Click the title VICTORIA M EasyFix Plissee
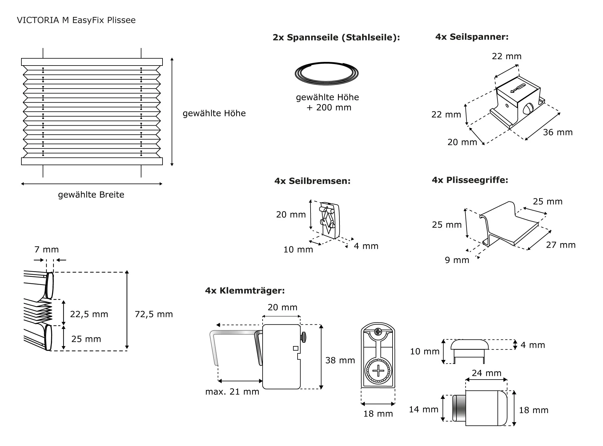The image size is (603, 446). [x=76, y=20]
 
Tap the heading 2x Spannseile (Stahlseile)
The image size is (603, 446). [x=336, y=37]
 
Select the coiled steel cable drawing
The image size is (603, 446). [x=327, y=73]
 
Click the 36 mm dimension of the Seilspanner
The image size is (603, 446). [x=557, y=132]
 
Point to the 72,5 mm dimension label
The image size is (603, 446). [x=154, y=314]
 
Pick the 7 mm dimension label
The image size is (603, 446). [x=46, y=250]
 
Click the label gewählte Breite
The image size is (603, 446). [x=91, y=195]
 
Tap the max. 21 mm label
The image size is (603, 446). [x=232, y=392]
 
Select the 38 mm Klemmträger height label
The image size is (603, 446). [x=340, y=360]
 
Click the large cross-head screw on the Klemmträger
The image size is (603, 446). [x=378, y=371]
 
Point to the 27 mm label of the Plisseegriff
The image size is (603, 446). [x=561, y=245]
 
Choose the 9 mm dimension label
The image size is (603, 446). [x=457, y=260]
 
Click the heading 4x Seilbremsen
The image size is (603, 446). [x=312, y=181]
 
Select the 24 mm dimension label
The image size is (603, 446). [x=486, y=373]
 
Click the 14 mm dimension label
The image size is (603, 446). [x=423, y=409]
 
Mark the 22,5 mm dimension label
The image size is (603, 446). [x=89, y=314]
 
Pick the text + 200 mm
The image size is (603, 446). [x=329, y=107]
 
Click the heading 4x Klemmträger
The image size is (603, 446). [x=245, y=291]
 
